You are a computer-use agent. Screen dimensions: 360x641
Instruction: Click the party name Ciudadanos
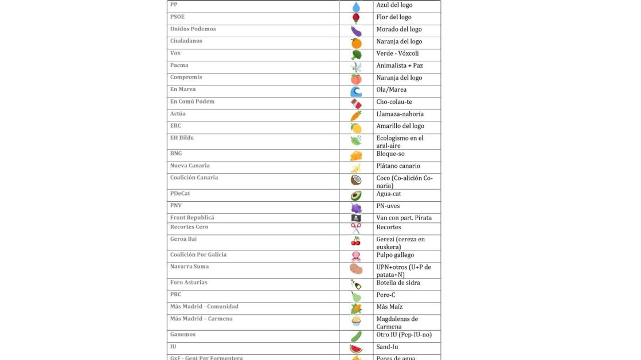tap(186, 41)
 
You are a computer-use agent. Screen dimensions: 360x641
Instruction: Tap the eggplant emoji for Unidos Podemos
tap(356, 31)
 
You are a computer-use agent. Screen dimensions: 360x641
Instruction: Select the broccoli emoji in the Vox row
tap(356, 55)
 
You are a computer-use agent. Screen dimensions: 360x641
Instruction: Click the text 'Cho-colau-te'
tap(394, 102)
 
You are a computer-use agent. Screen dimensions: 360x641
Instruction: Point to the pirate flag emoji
tap(356, 218)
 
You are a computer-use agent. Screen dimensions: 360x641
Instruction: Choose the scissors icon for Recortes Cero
tap(356, 228)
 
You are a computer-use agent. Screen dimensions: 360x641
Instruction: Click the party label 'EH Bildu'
tap(182, 138)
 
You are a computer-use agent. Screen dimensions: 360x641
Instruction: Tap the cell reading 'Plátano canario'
tap(398, 166)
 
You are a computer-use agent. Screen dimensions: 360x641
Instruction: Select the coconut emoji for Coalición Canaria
tap(356, 180)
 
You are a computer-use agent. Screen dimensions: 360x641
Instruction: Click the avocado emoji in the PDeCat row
tap(356, 195)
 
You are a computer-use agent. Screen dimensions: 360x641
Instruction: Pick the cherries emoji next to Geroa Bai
tap(356, 241)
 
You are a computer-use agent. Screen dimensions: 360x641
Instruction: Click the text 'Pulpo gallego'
tap(395, 255)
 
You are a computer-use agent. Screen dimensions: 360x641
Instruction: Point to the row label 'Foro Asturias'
tap(188, 283)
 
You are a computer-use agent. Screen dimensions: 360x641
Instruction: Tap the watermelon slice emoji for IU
tap(356, 349)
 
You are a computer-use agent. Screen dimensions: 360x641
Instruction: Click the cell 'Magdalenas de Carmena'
tap(397, 323)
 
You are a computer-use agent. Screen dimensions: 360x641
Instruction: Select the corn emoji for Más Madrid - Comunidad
tap(356, 308)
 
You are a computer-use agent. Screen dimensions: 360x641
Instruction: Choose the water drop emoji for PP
tap(356, 7)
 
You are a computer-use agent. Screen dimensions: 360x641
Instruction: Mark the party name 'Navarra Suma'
tap(189, 267)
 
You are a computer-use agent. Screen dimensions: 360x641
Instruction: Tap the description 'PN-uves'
tap(388, 206)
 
